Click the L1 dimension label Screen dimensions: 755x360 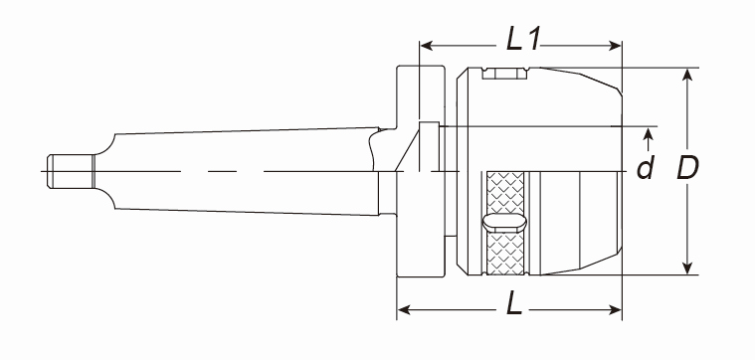[x=522, y=40]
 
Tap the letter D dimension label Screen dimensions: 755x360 [x=687, y=168]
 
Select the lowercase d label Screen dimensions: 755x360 [x=646, y=168]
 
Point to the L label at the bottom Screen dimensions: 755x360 [x=514, y=304]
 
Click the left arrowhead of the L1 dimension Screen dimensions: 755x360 [x=426, y=46]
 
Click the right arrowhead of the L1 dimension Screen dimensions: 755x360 [x=616, y=46]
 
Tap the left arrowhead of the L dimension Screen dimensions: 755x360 [x=404, y=309]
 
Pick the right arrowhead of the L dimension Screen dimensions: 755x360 [x=616, y=309]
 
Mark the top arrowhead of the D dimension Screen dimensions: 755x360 [x=687, y=75]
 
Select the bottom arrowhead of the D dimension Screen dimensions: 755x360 [x=687, y=269]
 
